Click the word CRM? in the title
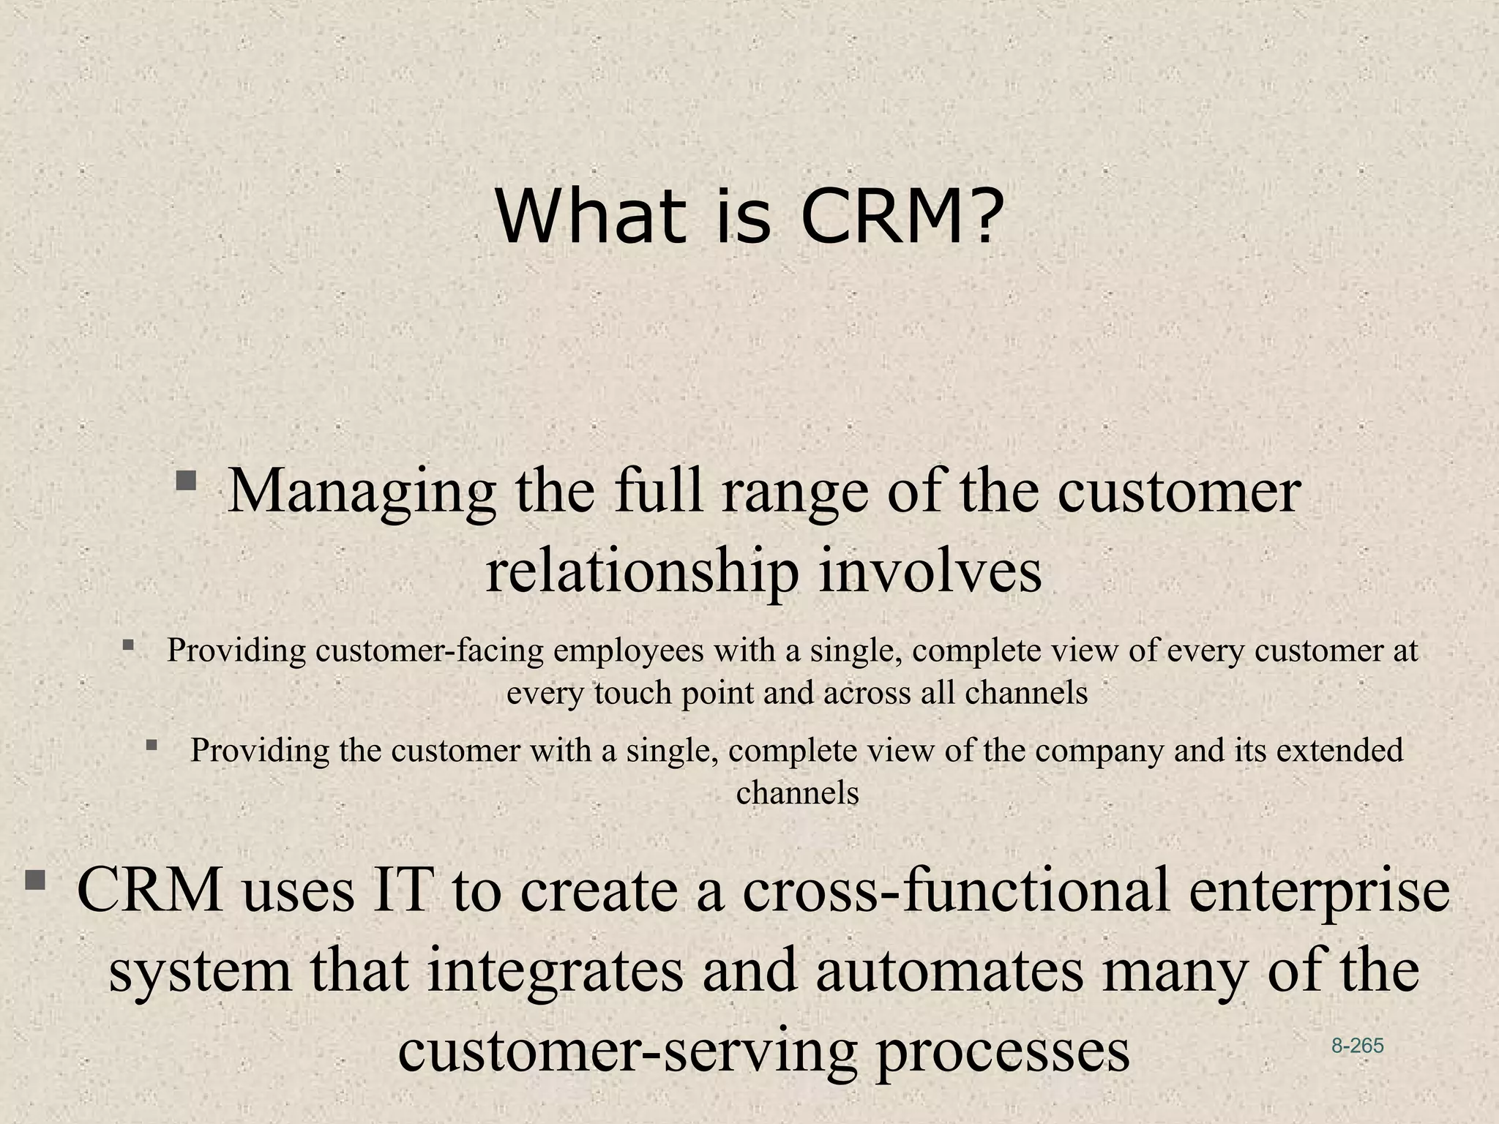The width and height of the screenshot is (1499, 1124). tap(900, 217)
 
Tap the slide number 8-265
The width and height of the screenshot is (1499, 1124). tap(1357, 1046)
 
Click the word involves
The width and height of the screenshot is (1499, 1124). tap(930, 572)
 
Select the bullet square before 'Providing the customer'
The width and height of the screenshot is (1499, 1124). tap(152, 746)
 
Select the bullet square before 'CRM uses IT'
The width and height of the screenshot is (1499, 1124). tap(34, 880)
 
